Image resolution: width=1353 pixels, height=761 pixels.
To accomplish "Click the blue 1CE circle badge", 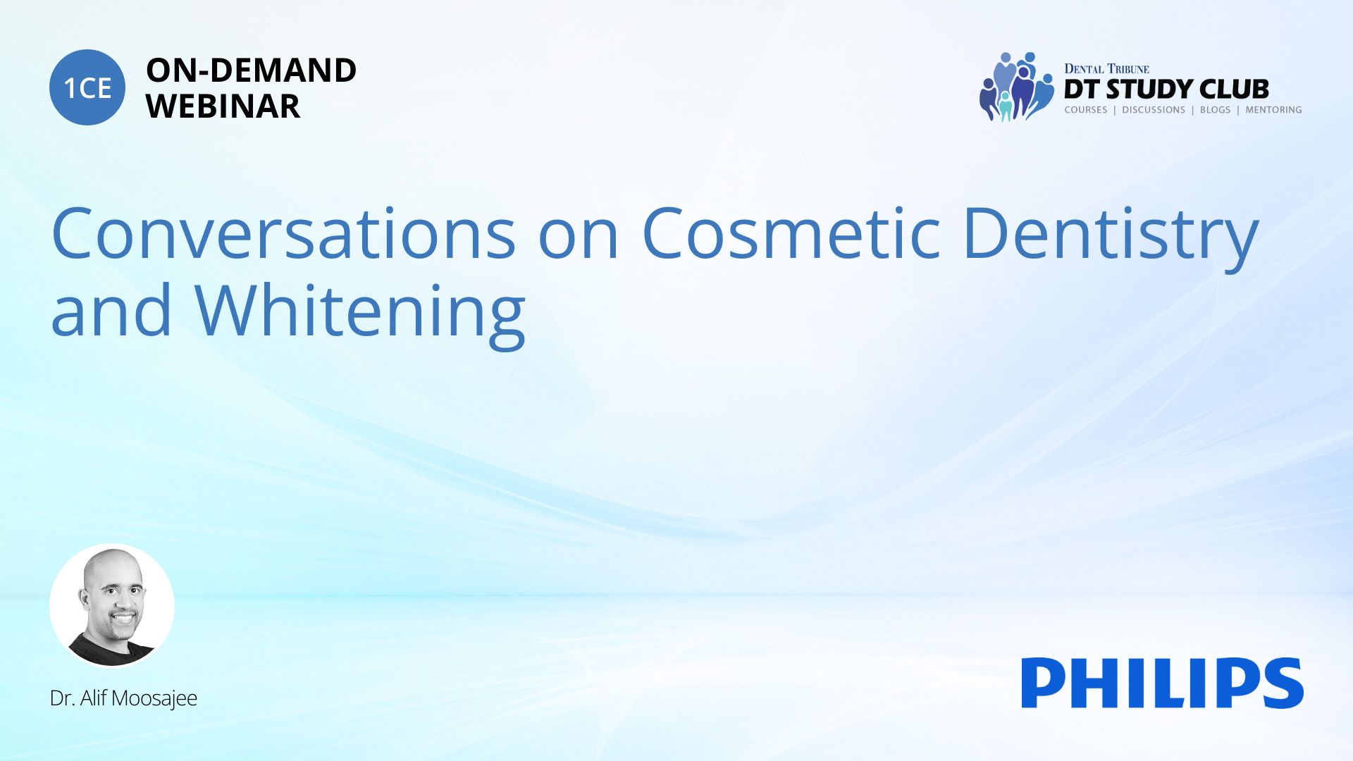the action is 87,87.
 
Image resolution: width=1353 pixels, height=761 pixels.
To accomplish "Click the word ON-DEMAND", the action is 251,70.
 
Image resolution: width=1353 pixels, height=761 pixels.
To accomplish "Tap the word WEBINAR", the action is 223,106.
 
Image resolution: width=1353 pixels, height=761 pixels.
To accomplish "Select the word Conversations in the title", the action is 284,233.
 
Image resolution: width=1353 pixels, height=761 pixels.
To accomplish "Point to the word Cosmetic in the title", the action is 791,233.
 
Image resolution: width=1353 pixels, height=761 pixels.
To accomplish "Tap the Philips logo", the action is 1163,683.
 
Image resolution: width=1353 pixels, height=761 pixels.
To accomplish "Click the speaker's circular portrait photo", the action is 112,606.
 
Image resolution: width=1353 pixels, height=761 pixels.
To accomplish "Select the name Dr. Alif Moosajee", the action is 123,698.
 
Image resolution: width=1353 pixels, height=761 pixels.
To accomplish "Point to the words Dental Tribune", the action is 1106,68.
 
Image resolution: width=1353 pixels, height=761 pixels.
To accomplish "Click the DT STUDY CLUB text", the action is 1166,89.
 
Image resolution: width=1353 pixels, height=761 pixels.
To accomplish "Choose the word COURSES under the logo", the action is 1085,110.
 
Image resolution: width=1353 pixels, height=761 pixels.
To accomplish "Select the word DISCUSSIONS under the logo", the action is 1154,110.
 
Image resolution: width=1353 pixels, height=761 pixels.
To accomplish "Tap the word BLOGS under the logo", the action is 1215,110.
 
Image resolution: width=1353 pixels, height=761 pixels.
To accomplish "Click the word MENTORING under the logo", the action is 1273,110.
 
